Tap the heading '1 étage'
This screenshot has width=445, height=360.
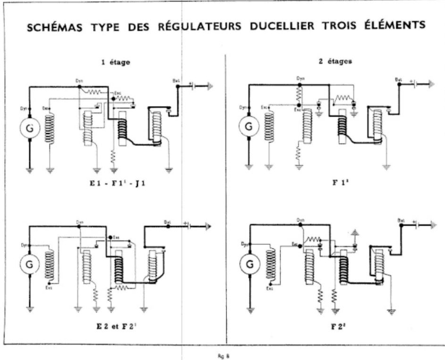pos(115,62)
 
